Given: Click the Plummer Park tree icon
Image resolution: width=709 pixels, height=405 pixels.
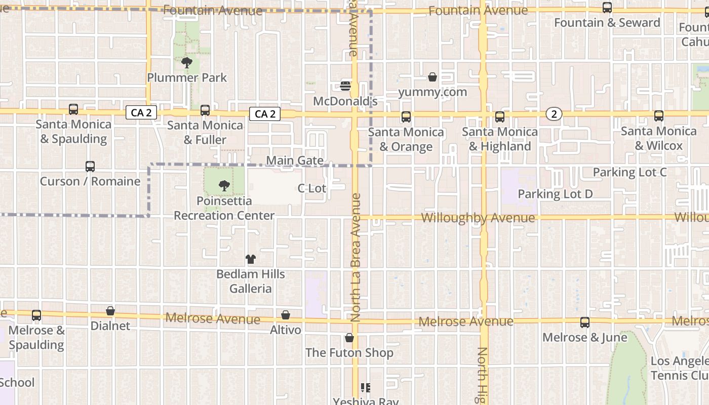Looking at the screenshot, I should click(187, 63).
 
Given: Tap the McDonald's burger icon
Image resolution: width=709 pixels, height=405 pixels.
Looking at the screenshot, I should click(345, 86).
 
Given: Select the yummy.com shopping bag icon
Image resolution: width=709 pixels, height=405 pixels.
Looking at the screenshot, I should click(432, 77).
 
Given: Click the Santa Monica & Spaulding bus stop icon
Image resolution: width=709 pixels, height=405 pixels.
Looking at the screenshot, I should click(73, 109).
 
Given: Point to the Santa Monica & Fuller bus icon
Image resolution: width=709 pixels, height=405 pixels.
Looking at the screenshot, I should click(205, 110).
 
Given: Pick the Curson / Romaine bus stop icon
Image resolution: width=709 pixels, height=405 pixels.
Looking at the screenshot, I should click(90, 166).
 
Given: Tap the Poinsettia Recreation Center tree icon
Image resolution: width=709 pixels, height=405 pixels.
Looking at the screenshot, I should click(224, 186).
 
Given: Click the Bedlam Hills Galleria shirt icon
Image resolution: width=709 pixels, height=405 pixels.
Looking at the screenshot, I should click(251, 259).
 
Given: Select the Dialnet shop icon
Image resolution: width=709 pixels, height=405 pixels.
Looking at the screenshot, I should click(110, 311).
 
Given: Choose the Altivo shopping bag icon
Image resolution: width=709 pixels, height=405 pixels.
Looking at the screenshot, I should click(286, 315).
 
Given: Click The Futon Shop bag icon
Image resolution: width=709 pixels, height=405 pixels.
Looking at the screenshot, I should click(349, 338).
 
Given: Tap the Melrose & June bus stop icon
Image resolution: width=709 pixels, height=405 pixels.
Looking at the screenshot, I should click(585, 322).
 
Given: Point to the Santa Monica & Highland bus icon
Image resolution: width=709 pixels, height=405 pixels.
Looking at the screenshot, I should click(500, 117).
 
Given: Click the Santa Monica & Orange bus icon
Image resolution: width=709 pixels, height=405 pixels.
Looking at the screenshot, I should click(406, 117).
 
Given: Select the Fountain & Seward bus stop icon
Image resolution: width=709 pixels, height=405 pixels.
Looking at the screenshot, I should click(607, 8).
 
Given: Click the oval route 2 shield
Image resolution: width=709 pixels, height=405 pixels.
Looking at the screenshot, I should click(555, 114).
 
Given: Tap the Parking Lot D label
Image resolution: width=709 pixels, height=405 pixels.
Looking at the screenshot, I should click(555, 194).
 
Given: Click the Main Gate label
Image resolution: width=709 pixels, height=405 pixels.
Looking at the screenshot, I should click(295, 160).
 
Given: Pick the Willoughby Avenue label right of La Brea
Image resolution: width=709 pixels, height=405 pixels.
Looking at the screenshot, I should click(478, 218).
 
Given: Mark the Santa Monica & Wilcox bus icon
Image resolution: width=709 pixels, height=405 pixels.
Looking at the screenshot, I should click(659, 116).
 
